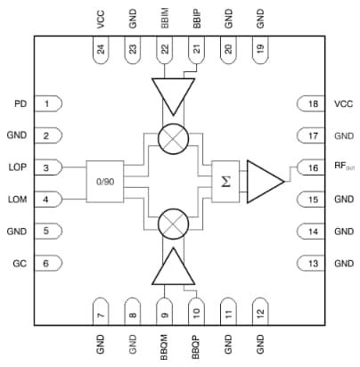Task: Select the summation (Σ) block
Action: (x=225, y=182)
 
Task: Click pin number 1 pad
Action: (x=53, y=104)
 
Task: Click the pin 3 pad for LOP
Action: (x=53, y=167)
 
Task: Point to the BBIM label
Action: (x=166, y=19)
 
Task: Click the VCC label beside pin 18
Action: (x=344, y=104)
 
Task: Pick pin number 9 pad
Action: (x=164, y=313)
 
